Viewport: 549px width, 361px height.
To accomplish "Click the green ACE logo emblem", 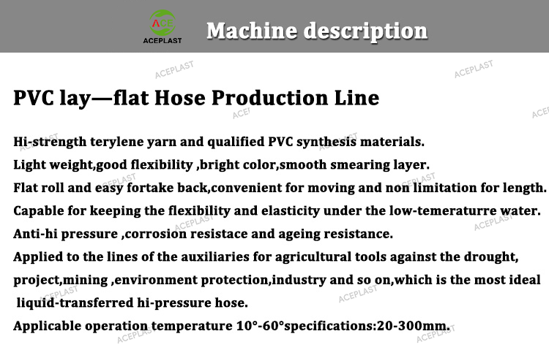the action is (163, 23).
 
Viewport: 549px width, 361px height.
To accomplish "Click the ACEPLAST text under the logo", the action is (163, 40).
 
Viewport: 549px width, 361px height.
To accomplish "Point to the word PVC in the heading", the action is (34, 97).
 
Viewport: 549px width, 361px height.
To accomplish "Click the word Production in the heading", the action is (270, 97).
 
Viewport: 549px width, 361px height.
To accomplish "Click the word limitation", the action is (444, 188).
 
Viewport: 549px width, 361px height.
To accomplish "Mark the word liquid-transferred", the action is (75, 303).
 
